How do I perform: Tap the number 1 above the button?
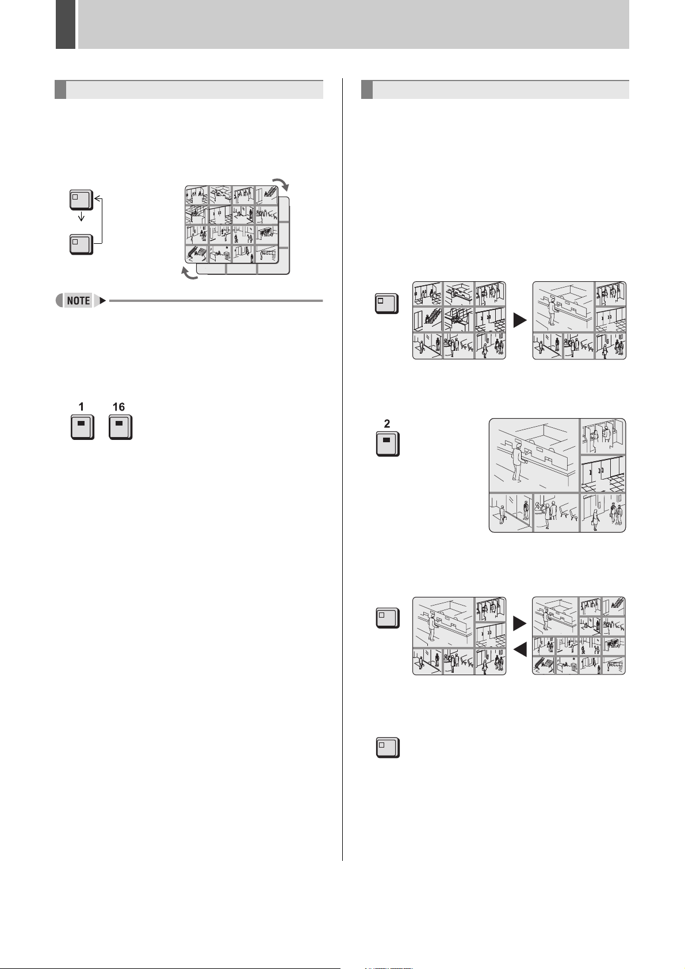click(81, 407)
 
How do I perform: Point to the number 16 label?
click(118, 407)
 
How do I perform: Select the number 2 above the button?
click(387, 423)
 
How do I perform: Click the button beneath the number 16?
click(121, 427)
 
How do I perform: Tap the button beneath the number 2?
click(388, 445)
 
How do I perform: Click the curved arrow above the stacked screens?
click(281, 183)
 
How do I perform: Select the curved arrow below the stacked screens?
click(189, 273)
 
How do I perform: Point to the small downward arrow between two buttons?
click(81, 216)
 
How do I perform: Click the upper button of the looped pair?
click(81, 200)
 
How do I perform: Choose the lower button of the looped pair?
click(81, 244)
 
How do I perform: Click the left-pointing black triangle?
click(520, 649)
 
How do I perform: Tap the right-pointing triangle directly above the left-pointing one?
click(520, 623)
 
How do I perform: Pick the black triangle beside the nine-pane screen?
click(520, 320)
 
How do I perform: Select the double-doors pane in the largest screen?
click(603, 474)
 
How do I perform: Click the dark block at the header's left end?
click(66, 24)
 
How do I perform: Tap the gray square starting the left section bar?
click(60, 90)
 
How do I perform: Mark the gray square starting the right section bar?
click(367, 90)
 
